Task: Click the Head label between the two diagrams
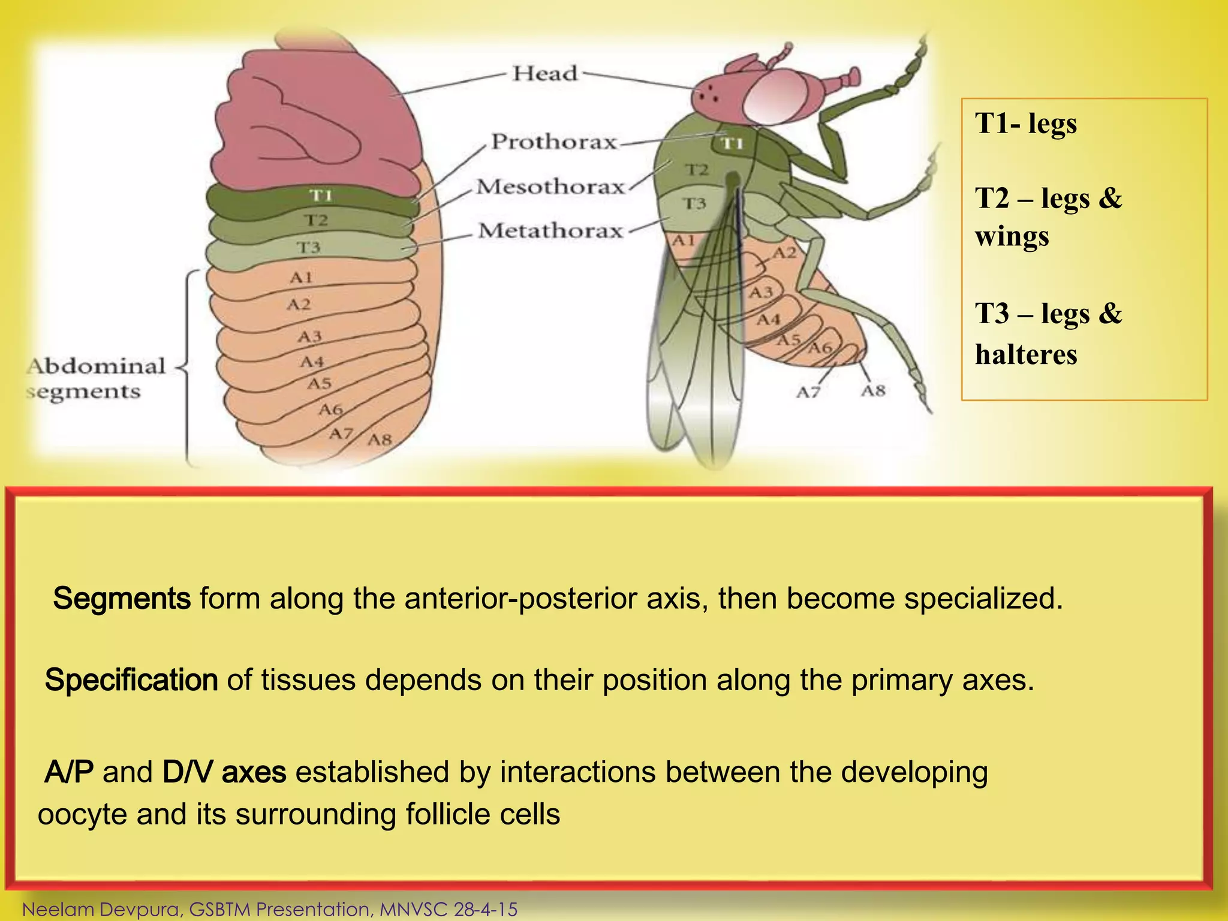pyautogui.click(x=544, y=74)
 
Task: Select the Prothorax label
pyautogui.click(x=553, y=142)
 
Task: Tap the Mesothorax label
pyautogui.click(x=550, y=186)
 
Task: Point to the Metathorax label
pyautogui.click(x=550, y=231)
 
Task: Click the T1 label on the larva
pyautogui.click(x=321, y=195)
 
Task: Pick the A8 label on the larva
pyautogui.click(x=380, y=440)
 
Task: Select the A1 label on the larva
pyautogui.click(x=301, y=277)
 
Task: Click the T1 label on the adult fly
pyautogui.click(x=732, y=143)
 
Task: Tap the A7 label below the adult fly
pyautogui.click(x=808, y=393)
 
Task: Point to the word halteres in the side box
pyautogui.click(x=1026, y=354)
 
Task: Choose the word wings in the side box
pyautogui.click(x=1012, y=236)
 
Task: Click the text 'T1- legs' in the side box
pyautogui.click(x=1026, y=124)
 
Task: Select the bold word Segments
pyautogui.click(x=122, y=598)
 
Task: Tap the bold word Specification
pyautogui.click(x=131, y=680)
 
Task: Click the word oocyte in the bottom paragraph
pyautogui.click(x=82, y=815)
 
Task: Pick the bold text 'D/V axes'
pyautogui.click(x=224, y=772)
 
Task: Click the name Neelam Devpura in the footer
pyautogui.click(x=100, y=909)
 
